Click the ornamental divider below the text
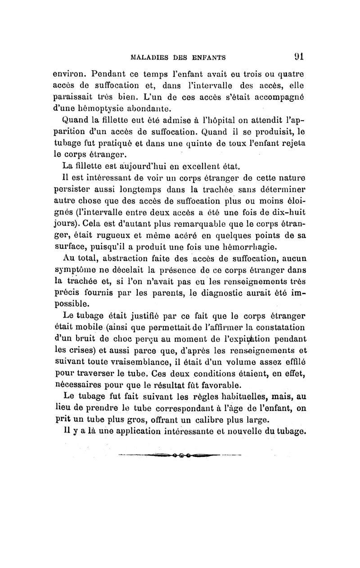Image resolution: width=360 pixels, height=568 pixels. [x=180, y=455]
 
